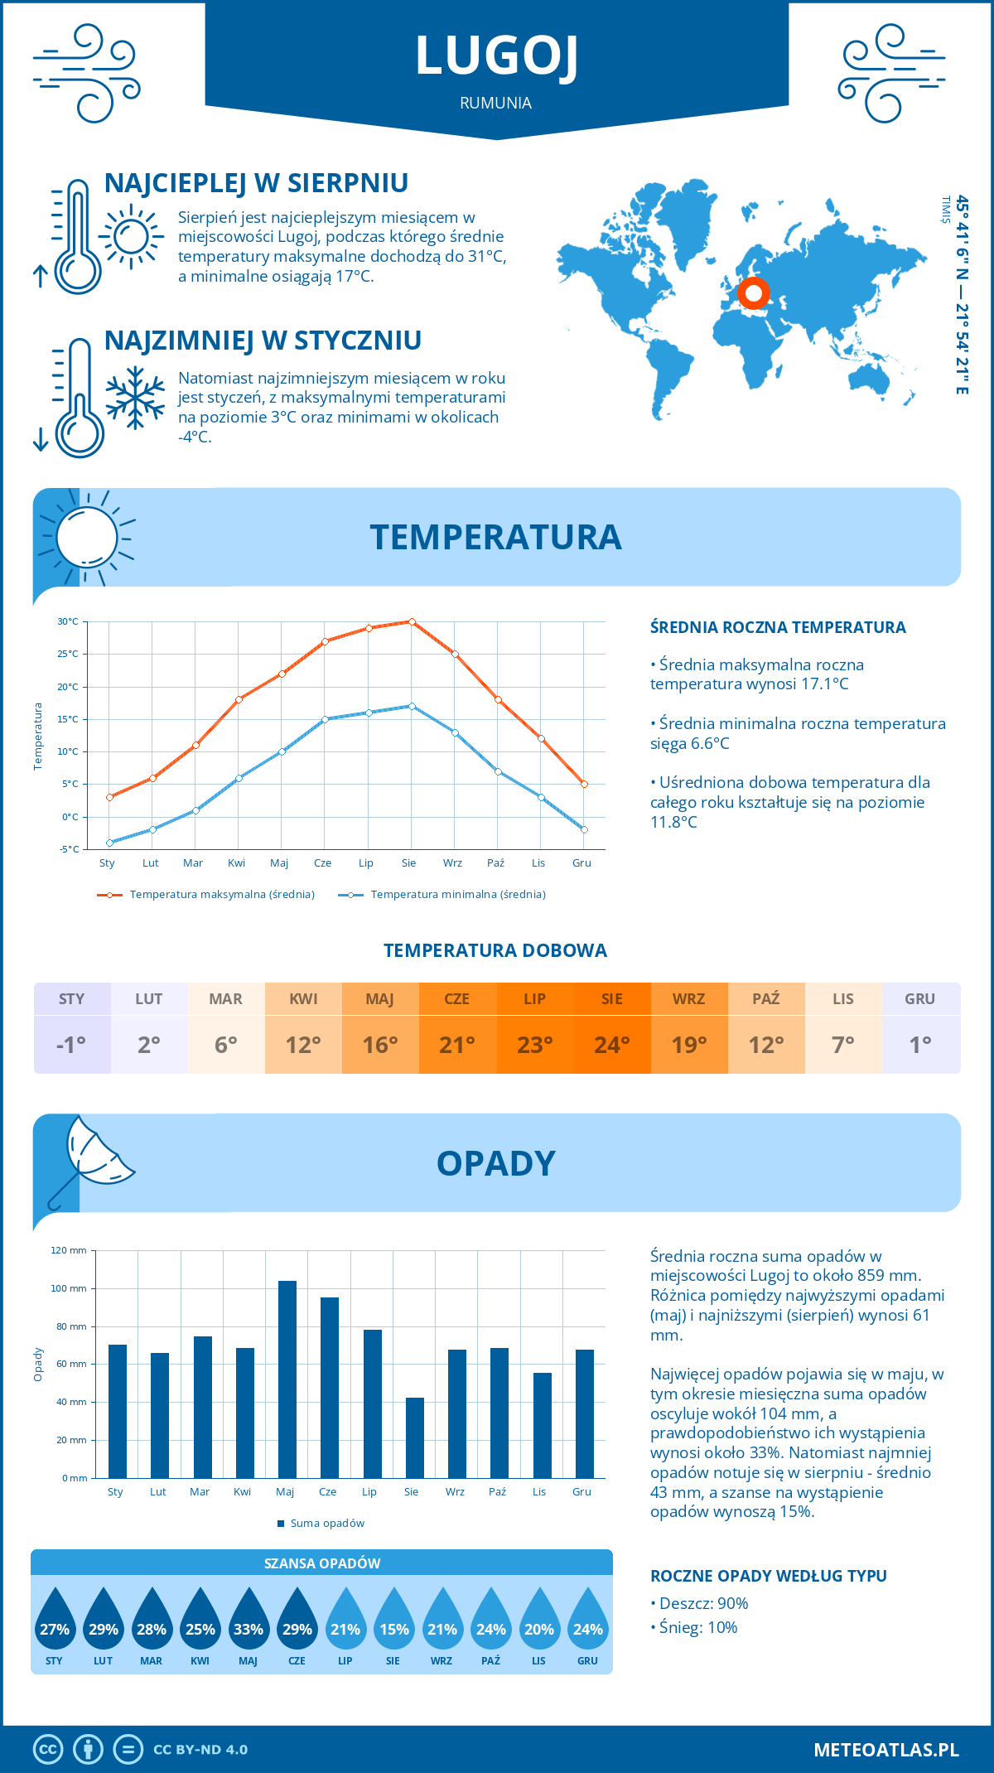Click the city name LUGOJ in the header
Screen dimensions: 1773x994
[x=496, y=56]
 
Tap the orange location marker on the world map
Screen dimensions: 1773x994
[x=754, y=293]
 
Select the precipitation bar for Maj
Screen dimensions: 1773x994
[x=287, y=1379]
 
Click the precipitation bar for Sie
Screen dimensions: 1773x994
[x=415, y=1437]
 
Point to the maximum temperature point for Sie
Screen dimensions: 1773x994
[x=412, y=621]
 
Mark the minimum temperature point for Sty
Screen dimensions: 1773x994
[x=109, y=843]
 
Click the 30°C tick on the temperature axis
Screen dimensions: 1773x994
[x=68, y=621]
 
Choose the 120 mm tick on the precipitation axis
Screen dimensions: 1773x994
[x=69, y=1250]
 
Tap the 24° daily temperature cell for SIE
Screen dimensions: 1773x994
[x=612, y=1045]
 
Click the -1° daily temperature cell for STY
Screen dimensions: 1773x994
[x=72, y=1045]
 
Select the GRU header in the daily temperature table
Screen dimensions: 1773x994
[x=920, y=999]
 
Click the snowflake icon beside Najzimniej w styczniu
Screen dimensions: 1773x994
[x=135, y=398]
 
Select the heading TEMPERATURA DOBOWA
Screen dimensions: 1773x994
[x=495, y=950]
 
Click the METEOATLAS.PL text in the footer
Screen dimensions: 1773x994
[x=886, y=1749]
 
